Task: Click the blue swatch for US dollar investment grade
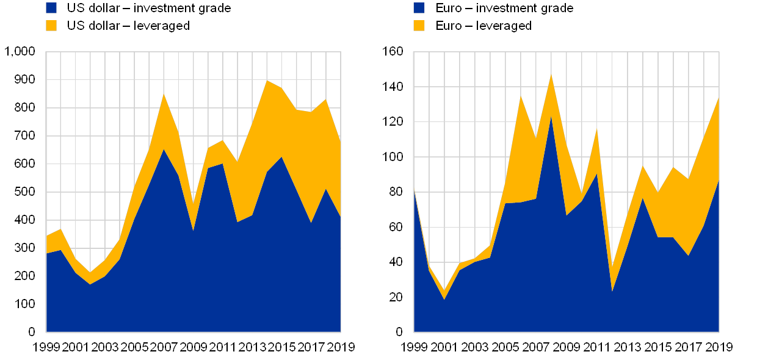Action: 51,8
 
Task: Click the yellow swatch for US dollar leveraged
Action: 51,26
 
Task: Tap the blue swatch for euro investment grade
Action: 419,8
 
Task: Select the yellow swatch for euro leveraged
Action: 419,26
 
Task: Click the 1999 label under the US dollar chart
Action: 46,347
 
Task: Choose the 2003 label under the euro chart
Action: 474,347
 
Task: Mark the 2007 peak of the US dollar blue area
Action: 164,149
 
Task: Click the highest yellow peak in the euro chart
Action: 551,75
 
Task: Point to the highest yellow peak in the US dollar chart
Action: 267,81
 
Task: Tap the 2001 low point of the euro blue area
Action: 444,298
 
